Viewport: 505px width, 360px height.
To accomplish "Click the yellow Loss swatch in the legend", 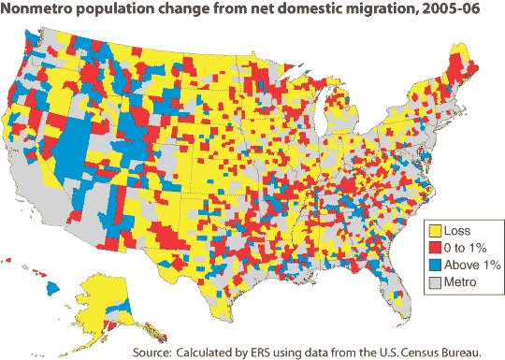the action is pyautogui.click(x=435, y=231).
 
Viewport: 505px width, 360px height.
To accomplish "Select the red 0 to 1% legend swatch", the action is pyautogui.click(x=435, y=248).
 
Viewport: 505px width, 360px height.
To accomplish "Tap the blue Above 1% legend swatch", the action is pyautogui.click(x=435, y=265).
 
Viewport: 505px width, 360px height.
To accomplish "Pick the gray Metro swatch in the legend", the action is pyautogui.click(x=435, y=282).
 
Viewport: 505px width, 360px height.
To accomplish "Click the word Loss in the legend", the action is pyautogui.click(x=457, y=231).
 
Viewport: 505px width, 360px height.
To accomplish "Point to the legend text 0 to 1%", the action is pyautogui.click(x=465, y=248).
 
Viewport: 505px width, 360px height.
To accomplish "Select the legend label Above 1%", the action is pyautogui.click(x=472, y=265).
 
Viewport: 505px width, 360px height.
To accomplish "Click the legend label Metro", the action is pyautogui.click(x=460, y=282).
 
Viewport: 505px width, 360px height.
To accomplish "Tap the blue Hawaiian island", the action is pyautogui.click(x=52, y=288).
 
